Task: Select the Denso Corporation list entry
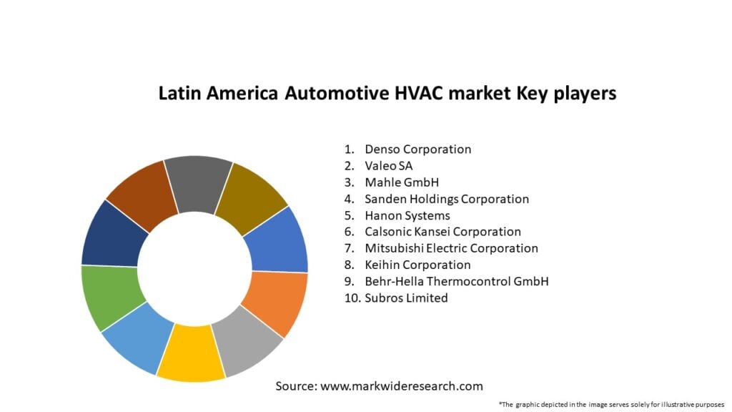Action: coord(417,149)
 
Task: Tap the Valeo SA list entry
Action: coord(388,166)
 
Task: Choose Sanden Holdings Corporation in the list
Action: coord(446,199)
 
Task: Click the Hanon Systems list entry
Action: coord(407,215)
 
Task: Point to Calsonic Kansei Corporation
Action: coord(442,232)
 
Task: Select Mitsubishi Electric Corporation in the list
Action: coord(451,248)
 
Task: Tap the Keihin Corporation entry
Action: coord(417,265)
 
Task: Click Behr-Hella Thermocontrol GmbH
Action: coord(456,281)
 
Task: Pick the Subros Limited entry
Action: coord(406,298)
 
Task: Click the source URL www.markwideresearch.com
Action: coord(401,386)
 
